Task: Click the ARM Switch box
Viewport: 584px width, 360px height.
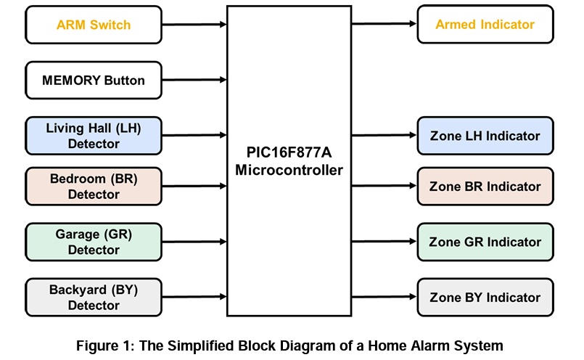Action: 94,25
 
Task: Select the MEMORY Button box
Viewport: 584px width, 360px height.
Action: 94,80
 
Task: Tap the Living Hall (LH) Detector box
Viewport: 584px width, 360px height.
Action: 94,136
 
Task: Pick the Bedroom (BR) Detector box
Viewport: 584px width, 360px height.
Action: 94,187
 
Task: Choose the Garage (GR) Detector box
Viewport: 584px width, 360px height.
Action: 94,242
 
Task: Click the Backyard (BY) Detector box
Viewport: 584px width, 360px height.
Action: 94,297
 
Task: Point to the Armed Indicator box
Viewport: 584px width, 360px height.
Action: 485,25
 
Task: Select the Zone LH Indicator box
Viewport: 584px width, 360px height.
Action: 485,136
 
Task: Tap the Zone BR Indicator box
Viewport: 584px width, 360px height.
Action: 485,187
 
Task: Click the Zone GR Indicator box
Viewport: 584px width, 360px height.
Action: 485,242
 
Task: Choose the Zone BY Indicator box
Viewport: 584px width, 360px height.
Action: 485,297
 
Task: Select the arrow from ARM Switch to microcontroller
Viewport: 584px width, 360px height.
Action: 194,25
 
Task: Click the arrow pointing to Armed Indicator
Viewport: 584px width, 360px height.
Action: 384,24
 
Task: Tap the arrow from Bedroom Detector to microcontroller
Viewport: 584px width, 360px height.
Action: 194,187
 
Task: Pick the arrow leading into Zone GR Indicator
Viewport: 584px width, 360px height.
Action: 384,242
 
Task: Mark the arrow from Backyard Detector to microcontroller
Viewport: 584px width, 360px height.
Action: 194,297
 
